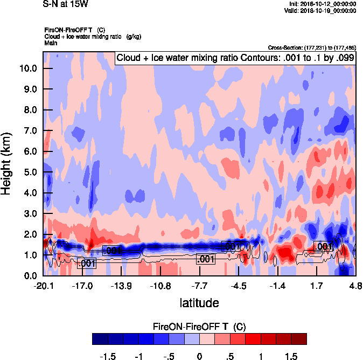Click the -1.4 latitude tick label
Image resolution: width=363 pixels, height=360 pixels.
(277, 286)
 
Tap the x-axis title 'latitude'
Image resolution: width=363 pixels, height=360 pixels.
(199, 303)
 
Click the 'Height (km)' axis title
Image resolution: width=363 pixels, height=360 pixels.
(8, 163)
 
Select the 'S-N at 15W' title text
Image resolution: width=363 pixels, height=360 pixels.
(65, 3)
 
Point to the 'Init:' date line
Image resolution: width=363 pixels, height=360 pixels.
(323, 4)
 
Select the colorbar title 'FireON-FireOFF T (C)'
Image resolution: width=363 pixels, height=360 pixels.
(199, 326)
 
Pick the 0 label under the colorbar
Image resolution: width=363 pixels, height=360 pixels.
(199, 356)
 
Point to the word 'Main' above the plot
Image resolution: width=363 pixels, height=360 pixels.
(52, 43)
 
